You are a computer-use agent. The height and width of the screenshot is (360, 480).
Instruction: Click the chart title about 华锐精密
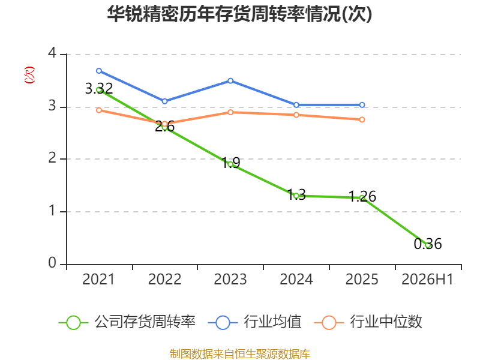click(239, 14)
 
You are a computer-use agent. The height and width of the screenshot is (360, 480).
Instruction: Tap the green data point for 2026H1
click(428, 245)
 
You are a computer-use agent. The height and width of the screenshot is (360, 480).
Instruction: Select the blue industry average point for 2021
click(99, 71)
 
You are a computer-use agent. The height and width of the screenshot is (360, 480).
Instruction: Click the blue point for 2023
click(230, 81)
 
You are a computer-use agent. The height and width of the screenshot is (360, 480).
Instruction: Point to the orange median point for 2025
click(362, 119)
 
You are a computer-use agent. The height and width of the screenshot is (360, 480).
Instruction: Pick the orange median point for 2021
click(99, 110)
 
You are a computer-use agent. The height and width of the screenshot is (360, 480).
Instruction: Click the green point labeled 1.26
click(362, 198)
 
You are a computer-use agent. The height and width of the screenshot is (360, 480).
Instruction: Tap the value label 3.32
click(99, 89)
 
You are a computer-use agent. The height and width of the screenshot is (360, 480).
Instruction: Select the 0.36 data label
click(428, 244)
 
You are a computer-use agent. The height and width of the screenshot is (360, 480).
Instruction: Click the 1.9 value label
click(230, 163)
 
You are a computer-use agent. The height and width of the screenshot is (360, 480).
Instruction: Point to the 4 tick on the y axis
click(52, 53)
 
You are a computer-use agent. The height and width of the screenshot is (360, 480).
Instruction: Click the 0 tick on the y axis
click(52, 263)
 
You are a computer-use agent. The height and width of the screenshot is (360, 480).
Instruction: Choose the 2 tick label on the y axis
click(52, 158)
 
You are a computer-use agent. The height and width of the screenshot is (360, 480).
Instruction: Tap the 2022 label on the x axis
click(164, 280)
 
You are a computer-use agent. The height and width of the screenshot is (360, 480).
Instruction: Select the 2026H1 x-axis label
click(427, 280)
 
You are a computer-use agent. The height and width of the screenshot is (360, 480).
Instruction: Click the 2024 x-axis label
click(296, 280)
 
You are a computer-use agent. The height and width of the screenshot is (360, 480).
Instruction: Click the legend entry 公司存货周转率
click(127, 322)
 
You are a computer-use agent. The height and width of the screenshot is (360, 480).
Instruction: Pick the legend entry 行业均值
click(254, 322)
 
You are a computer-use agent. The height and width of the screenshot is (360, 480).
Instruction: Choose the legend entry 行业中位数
click(368, 322)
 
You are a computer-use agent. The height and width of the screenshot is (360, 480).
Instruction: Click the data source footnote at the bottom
click(240, 354)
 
